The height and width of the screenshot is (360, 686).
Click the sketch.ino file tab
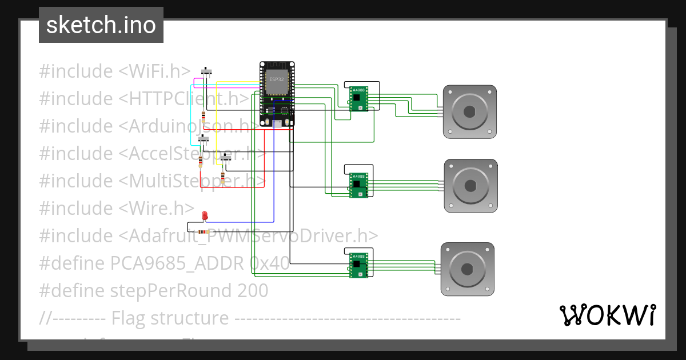(101, 25)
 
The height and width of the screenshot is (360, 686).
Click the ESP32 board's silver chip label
(276, 81)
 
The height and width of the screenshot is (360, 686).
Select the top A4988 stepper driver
(358, 98)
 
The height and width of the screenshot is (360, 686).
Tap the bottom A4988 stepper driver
(358, 266)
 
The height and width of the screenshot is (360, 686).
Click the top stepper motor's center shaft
(470, 112)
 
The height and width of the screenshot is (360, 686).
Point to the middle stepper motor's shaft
(471, 186)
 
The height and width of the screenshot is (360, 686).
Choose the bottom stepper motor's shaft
(467, 269)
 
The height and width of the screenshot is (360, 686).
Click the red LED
(205, 216)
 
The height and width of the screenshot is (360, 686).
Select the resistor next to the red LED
(202, 231)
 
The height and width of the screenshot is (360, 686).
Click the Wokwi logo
(607, 315)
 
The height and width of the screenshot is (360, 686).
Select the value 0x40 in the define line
(269, 263)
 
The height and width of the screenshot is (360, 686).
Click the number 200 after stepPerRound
(252, 291)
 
